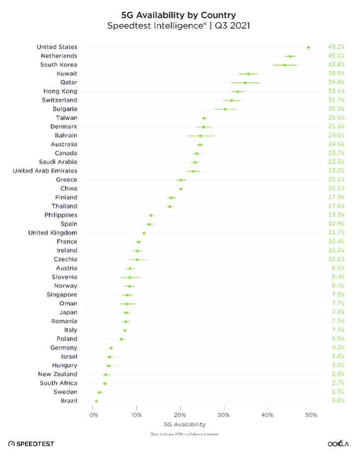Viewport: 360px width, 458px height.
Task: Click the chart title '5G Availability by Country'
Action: click(179, 15)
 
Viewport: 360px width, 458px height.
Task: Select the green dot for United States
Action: click(308, 47)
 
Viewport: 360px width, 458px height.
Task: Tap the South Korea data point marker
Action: click(285, 65)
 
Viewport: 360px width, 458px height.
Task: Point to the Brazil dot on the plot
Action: click(96, 401)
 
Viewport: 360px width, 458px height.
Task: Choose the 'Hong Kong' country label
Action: click(61, 91)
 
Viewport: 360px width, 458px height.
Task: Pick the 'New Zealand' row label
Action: click(58, 375)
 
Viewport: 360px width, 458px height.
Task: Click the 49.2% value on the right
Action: click(336, 47)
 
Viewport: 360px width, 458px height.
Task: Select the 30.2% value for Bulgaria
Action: click(336, 109)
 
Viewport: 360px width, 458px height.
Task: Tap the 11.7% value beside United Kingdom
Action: click(336, 233)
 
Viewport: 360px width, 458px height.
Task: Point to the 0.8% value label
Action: click(338, 401)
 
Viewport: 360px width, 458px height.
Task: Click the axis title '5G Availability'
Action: click(184, 424)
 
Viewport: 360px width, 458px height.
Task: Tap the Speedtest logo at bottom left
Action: click(31, 444)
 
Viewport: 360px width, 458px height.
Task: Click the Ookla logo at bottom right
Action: click(338, 444)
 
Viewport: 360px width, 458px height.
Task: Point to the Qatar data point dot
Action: click(245, 82)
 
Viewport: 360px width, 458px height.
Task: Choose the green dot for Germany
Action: click(111, 348)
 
